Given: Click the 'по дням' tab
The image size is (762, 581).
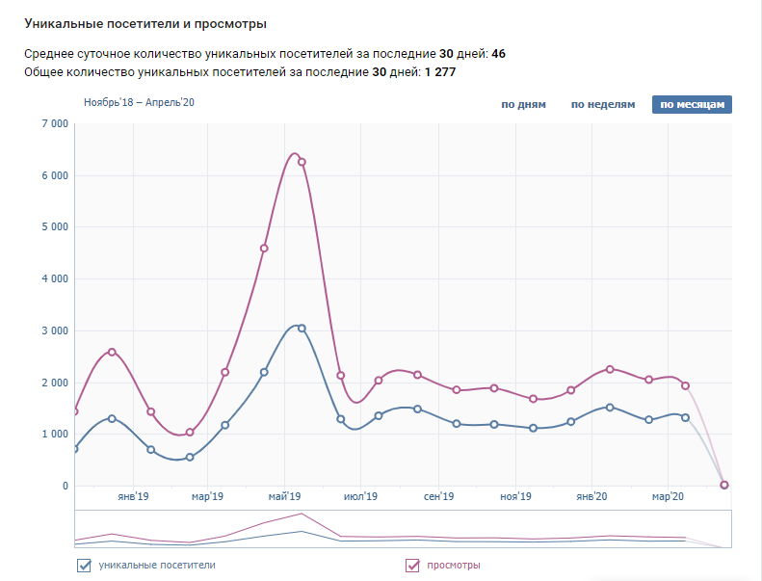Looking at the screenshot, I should coord(523,104).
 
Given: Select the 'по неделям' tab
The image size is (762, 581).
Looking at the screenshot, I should coord(603,104).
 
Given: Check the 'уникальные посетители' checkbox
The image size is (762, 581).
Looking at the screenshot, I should coord(83,565).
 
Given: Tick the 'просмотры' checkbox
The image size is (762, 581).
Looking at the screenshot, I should coord(413,565).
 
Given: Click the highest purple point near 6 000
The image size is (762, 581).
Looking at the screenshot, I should coord(302,162).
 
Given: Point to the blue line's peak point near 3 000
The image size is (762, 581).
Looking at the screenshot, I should coord(302,329).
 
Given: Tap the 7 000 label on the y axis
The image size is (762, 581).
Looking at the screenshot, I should coord(54,124).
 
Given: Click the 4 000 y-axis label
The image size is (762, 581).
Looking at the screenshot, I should coord(54,279).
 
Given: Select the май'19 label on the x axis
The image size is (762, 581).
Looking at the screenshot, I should coord(284,497).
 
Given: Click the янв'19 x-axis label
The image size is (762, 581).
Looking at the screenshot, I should coord(132,497).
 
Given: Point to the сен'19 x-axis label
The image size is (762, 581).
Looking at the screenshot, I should coord(438,497).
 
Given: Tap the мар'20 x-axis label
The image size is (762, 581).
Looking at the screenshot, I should coord(667,497).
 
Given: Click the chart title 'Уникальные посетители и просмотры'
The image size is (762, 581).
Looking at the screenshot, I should coord(145,23).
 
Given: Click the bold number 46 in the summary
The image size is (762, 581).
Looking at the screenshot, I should coord(498,53).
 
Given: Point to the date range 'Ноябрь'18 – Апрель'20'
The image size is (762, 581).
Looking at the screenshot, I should coord(139,102).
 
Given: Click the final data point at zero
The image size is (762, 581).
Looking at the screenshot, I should coord(724,485).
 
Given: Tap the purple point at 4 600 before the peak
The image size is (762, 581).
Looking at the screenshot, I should coord(264,249).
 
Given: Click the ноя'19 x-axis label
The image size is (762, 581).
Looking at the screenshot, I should coord(515,497).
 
